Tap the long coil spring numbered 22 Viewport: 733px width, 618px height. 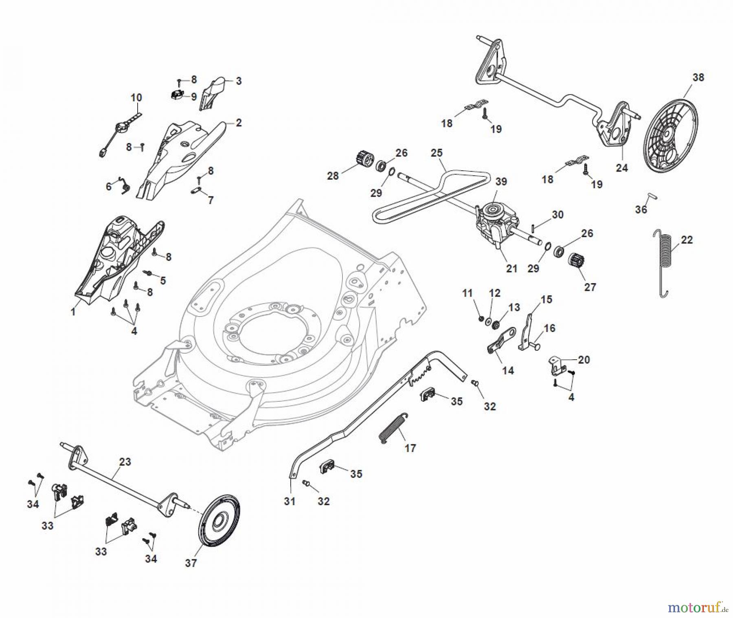tap(663, 263)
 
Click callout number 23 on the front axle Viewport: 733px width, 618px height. tap(125, 462)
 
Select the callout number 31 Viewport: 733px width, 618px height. tap(290, 501)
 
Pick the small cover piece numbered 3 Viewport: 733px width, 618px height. tap(213, 94)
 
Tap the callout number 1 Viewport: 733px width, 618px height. tap(73, 312)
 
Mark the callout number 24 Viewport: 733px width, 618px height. tap(622, 167)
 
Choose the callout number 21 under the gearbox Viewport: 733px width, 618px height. tap(511, 268)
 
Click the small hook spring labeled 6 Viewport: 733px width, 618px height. tap(125, 186)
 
